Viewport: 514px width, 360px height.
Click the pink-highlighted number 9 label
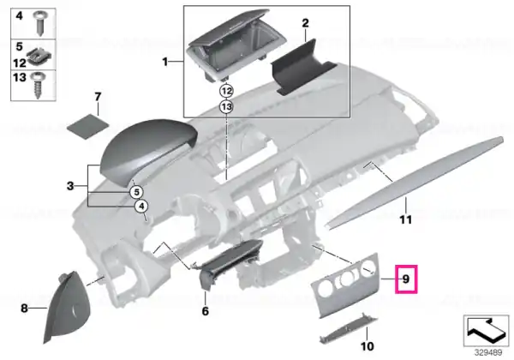[406, 279]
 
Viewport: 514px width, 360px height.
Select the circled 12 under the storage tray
[226, 91]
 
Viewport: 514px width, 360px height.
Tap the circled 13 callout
[226, 106]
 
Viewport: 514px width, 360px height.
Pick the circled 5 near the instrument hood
[136, 192]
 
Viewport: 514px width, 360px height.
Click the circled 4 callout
[141, 207]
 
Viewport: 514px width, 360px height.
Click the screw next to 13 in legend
[38, 85]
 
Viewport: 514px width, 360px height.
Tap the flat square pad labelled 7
[87, 126]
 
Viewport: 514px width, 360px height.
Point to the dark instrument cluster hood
[149, 152]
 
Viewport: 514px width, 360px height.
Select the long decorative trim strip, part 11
[415, 182]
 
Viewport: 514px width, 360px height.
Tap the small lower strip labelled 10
[348, 329]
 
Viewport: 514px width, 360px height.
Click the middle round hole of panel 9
[346, 279]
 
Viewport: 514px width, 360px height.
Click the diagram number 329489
[488, 353]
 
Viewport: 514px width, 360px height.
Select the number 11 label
[405, 219]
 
